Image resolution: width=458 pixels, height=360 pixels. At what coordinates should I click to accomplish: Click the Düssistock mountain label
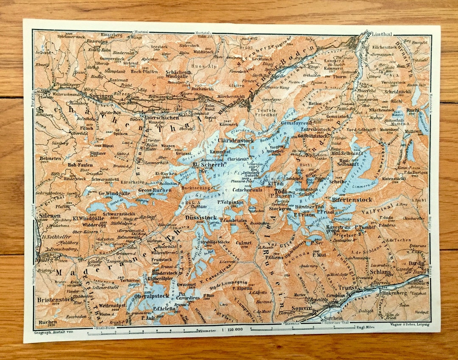tap(198, 218)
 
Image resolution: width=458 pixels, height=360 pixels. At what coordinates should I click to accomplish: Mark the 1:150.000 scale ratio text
tap(229, 329)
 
